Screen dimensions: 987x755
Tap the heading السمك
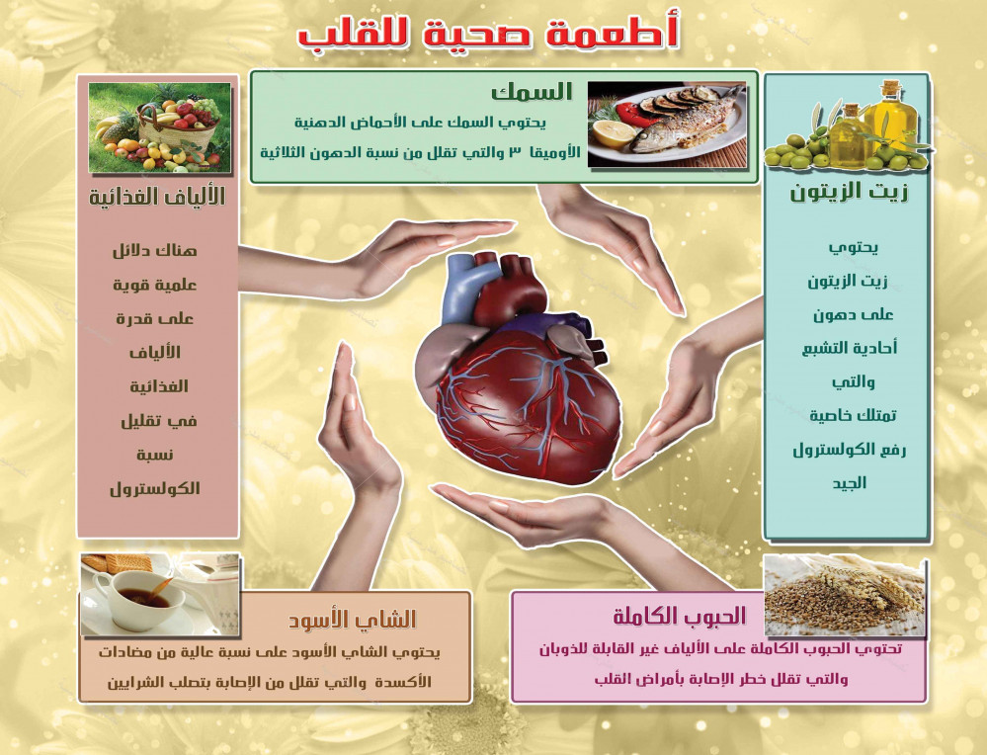click(x=532, y=92)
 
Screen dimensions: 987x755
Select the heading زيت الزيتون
click(x=849, y=192)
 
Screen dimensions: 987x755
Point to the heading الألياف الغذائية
click(x=157, y=197)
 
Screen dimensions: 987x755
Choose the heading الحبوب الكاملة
click(x=679, y=616)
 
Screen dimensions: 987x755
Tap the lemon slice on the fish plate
click(x=614, y=133)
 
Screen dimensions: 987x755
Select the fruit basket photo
click(x=160, y=127)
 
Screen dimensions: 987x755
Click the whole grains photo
click(x=845, y=596)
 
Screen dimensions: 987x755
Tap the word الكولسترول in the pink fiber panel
click(x=155, y=488)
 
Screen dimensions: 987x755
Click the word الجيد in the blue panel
click(x=850, y=483)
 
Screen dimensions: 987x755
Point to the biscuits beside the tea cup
click(x=118, y=563)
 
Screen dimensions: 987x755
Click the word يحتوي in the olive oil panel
click(x=853, y=248)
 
